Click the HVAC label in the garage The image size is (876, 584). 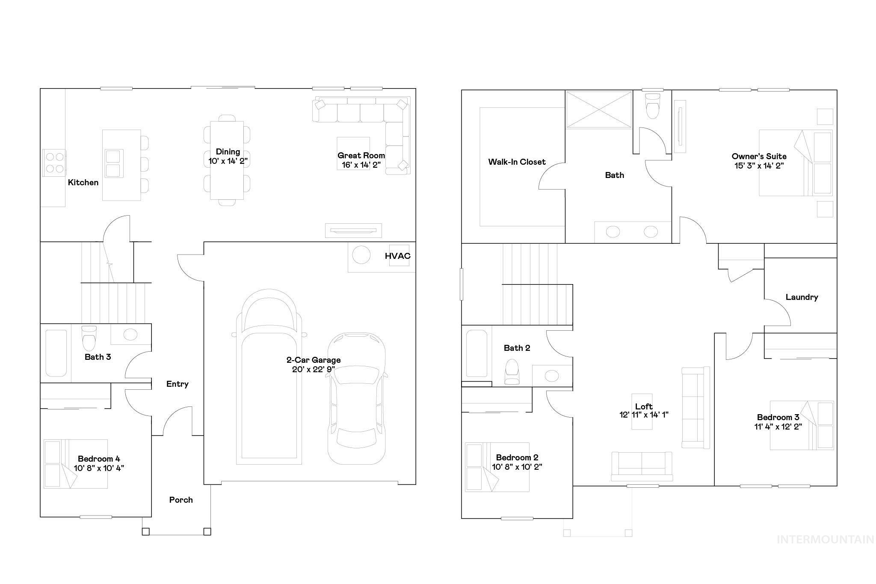[x=397, y=256]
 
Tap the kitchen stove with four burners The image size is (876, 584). [x=54, y=163]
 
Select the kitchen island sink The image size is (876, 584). [x=113, y=163]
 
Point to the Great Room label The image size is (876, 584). [x=361, y=155]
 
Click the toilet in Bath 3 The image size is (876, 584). [x=89, y=338]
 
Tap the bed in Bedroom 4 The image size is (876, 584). [x=75, y=463]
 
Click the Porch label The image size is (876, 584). [x=181, y=500]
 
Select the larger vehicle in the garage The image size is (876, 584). [x=269, y=376]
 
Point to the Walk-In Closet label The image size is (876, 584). [x=517, y=162]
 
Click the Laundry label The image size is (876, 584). [x=802, y=297]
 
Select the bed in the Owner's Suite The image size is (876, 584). [x=796, y=163]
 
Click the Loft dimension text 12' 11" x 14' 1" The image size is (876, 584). [x=644, y=415]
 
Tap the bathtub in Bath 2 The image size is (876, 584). [x=476, y=353]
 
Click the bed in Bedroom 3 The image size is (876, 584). [x=802, y=425]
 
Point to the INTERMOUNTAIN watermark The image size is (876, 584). [x=825, y=540]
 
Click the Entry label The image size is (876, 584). [x=177, y=384]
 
